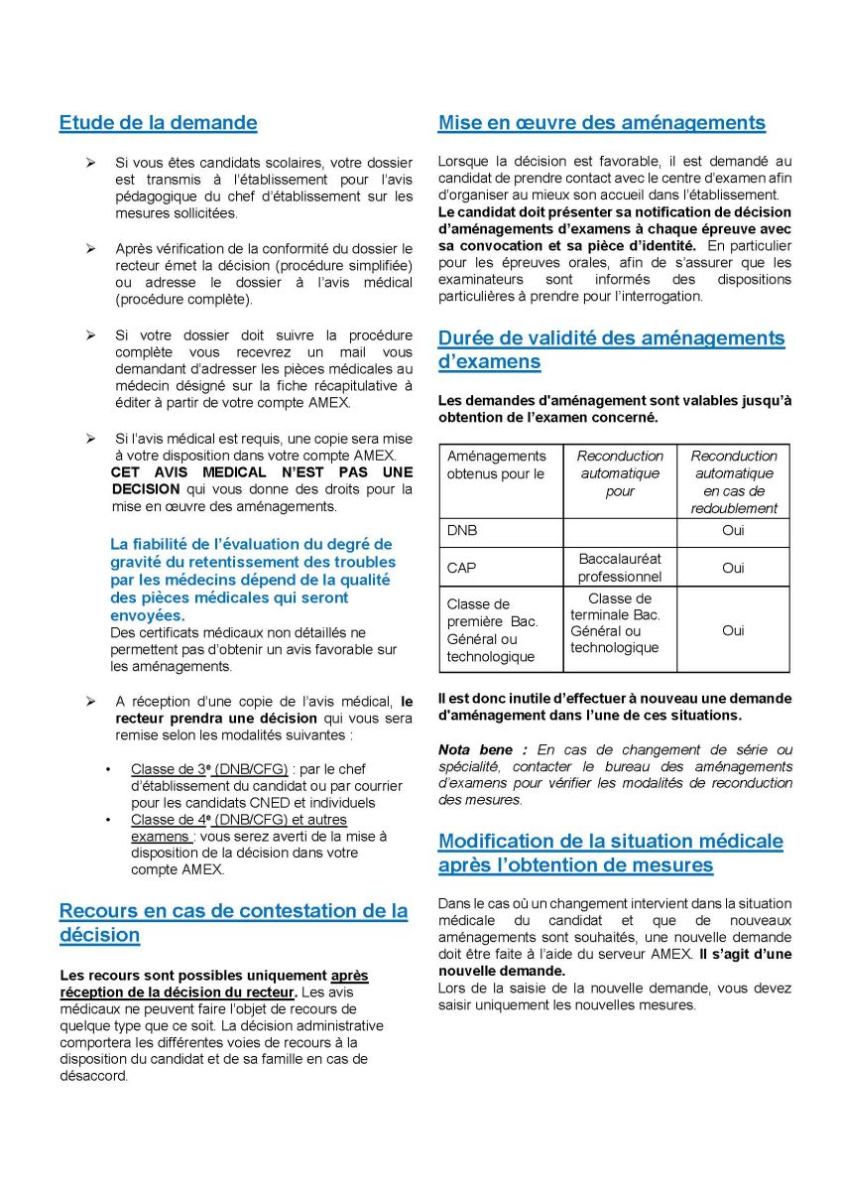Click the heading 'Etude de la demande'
pyautogui.click(x=158, y=123)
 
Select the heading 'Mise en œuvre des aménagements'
pyautogui.click(x=601, y=123)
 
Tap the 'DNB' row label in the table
pyautogui.click(x=462, y=531)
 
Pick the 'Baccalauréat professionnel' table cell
pyautogui.click(x=619, y=568)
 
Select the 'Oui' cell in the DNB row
pyautogui.click(x=733, y=531)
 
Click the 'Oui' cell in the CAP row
pyautogui.click(x=733, y=568)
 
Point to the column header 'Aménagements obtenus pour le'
pyautogui.click(x=496, y=464)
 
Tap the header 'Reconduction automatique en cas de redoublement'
pyautogui.click(x=733, y=481)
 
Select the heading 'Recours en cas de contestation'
pyautogui.click(x=233, y=911)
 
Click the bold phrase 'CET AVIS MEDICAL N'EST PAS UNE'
pyautogui.click(x=261, y=472)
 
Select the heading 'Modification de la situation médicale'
pyautogui.click(x=610, y=842)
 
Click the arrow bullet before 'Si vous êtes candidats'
pyautogui.click(x=90, y=162)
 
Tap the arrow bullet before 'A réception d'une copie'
pyautogui.click(x=90, y=701)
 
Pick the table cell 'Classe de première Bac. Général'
pyautogui.click(x=493, y=630)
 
